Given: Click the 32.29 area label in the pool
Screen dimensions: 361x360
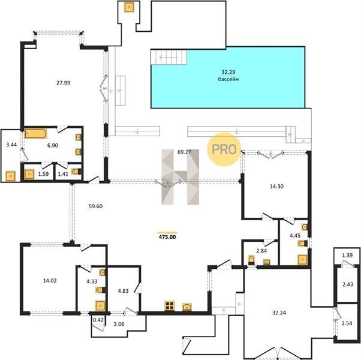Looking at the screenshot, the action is coord(228,72).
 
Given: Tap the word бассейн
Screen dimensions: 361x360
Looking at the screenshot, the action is coord(228,79).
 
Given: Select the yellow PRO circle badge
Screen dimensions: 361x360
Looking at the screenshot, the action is coord(224,149).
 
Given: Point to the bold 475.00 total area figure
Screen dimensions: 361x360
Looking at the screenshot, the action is coord(167,237).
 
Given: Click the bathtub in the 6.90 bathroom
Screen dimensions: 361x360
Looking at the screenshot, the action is coord(35,134).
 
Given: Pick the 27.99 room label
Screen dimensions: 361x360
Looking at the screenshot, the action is coord(64,83).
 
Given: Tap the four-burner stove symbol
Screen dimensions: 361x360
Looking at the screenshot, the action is coord(170,306).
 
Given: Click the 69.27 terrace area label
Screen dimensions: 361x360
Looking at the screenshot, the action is coord(185,152).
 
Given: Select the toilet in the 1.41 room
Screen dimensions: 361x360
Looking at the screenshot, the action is coord(76,172).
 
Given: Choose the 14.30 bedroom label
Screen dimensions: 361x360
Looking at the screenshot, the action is coord(276,187).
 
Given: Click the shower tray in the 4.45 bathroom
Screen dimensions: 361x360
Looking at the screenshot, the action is coord(302,260).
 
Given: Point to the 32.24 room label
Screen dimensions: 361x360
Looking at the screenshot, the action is coord(279,313).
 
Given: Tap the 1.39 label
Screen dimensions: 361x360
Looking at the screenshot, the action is coord(347,255).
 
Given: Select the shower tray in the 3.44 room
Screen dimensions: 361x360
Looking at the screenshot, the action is coord(11,176).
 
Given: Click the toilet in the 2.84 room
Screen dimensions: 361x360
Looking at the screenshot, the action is coord(251,260).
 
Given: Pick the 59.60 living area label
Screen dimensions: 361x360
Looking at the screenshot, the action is coord(95,206).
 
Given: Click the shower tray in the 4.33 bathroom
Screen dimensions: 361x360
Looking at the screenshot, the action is coord(100,306).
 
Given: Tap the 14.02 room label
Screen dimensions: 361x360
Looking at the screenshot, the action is coord(50,281).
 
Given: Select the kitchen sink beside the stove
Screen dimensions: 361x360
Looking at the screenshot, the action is coord(187,307).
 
